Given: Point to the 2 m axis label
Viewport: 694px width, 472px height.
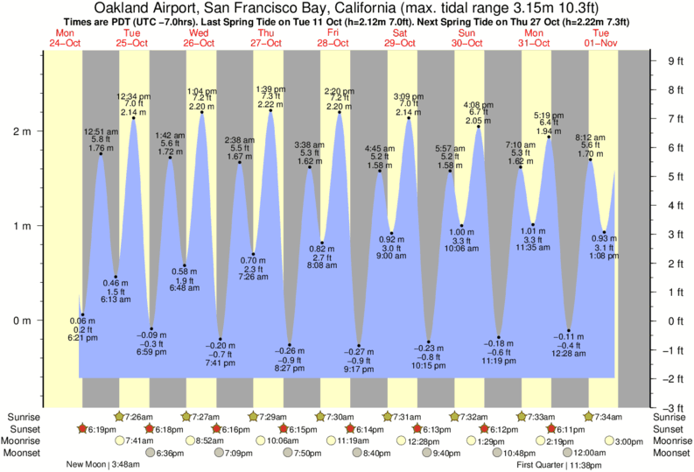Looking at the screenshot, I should [x=21, y=131].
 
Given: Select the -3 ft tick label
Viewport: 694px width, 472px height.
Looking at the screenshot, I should [x=671, y=408].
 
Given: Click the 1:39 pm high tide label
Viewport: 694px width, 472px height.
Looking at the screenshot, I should [x=270, y=89].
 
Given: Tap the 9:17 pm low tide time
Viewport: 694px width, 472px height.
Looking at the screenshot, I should [x=359, y=369].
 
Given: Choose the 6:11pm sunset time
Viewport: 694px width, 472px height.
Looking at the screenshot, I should [x=571, y=429].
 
